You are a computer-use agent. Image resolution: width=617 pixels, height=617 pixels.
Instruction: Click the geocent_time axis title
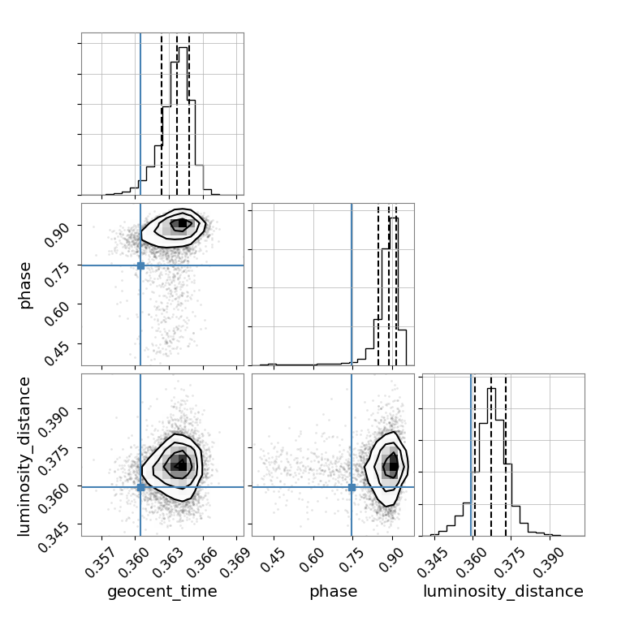[162, 591]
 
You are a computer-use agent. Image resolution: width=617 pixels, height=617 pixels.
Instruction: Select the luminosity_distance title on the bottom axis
[503, 591]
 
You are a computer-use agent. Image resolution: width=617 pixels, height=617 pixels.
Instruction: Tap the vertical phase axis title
[24, 285]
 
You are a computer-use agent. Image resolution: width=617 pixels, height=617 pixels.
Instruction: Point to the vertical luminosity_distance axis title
[24, 456]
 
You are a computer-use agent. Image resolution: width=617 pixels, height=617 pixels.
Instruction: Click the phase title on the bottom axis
[334, 591]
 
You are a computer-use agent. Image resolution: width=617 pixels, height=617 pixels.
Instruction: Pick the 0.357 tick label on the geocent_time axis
[101, 563]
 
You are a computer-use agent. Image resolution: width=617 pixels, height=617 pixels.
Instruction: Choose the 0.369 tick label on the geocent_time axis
[235, 563]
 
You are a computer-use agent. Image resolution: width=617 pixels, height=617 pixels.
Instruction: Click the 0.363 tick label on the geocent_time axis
[167, 563]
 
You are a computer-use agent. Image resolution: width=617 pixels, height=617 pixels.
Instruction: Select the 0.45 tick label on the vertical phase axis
[56, 354]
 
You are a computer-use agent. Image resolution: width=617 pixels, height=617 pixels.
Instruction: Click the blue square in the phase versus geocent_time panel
[140, 265]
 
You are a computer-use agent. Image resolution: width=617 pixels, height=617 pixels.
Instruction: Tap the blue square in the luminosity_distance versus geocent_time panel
[140, 487]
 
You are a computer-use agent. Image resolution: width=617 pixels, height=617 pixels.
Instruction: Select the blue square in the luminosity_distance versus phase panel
[352, 487]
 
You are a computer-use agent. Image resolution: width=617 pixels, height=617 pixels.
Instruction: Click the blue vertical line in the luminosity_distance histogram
[471, 455]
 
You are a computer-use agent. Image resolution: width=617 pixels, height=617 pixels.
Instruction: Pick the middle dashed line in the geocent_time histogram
[177, 115]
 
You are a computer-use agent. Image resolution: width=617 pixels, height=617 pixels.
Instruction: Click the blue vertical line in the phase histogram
[352, 284]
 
